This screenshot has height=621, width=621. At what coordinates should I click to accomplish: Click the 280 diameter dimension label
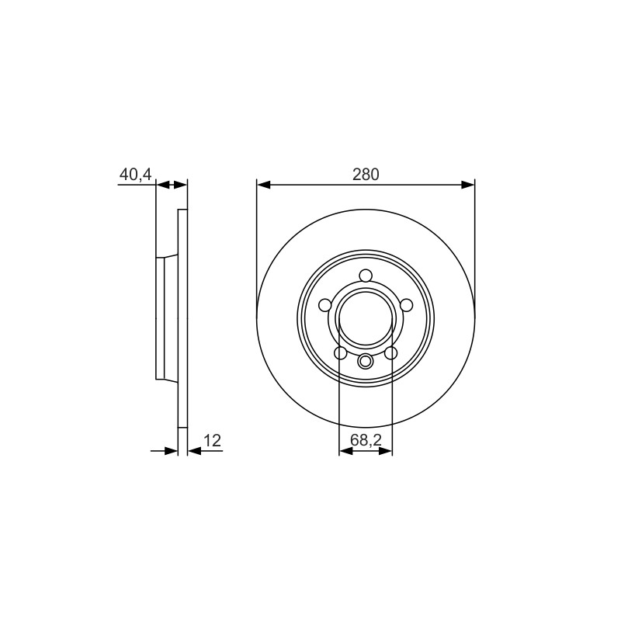[x=366, y=174]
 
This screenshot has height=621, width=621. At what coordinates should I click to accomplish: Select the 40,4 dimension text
[x=135, y=174]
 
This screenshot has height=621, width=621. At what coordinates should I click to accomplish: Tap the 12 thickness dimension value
[x=212, y=440]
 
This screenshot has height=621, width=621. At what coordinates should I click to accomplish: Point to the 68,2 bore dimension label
[x=366, y=440]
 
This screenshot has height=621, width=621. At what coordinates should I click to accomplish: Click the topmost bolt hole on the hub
[x=366, y=276]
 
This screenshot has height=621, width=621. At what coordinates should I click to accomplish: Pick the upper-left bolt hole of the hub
[x=324, y=305]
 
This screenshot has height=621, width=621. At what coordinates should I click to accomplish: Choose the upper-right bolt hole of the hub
[x=406, y=305]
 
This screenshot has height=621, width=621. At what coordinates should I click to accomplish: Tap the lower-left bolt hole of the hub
[x=341, y=353]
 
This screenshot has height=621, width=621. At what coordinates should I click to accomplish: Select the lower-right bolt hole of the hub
[x=391, y=353]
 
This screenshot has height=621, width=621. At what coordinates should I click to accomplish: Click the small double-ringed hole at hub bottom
[x=365, y=361]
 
